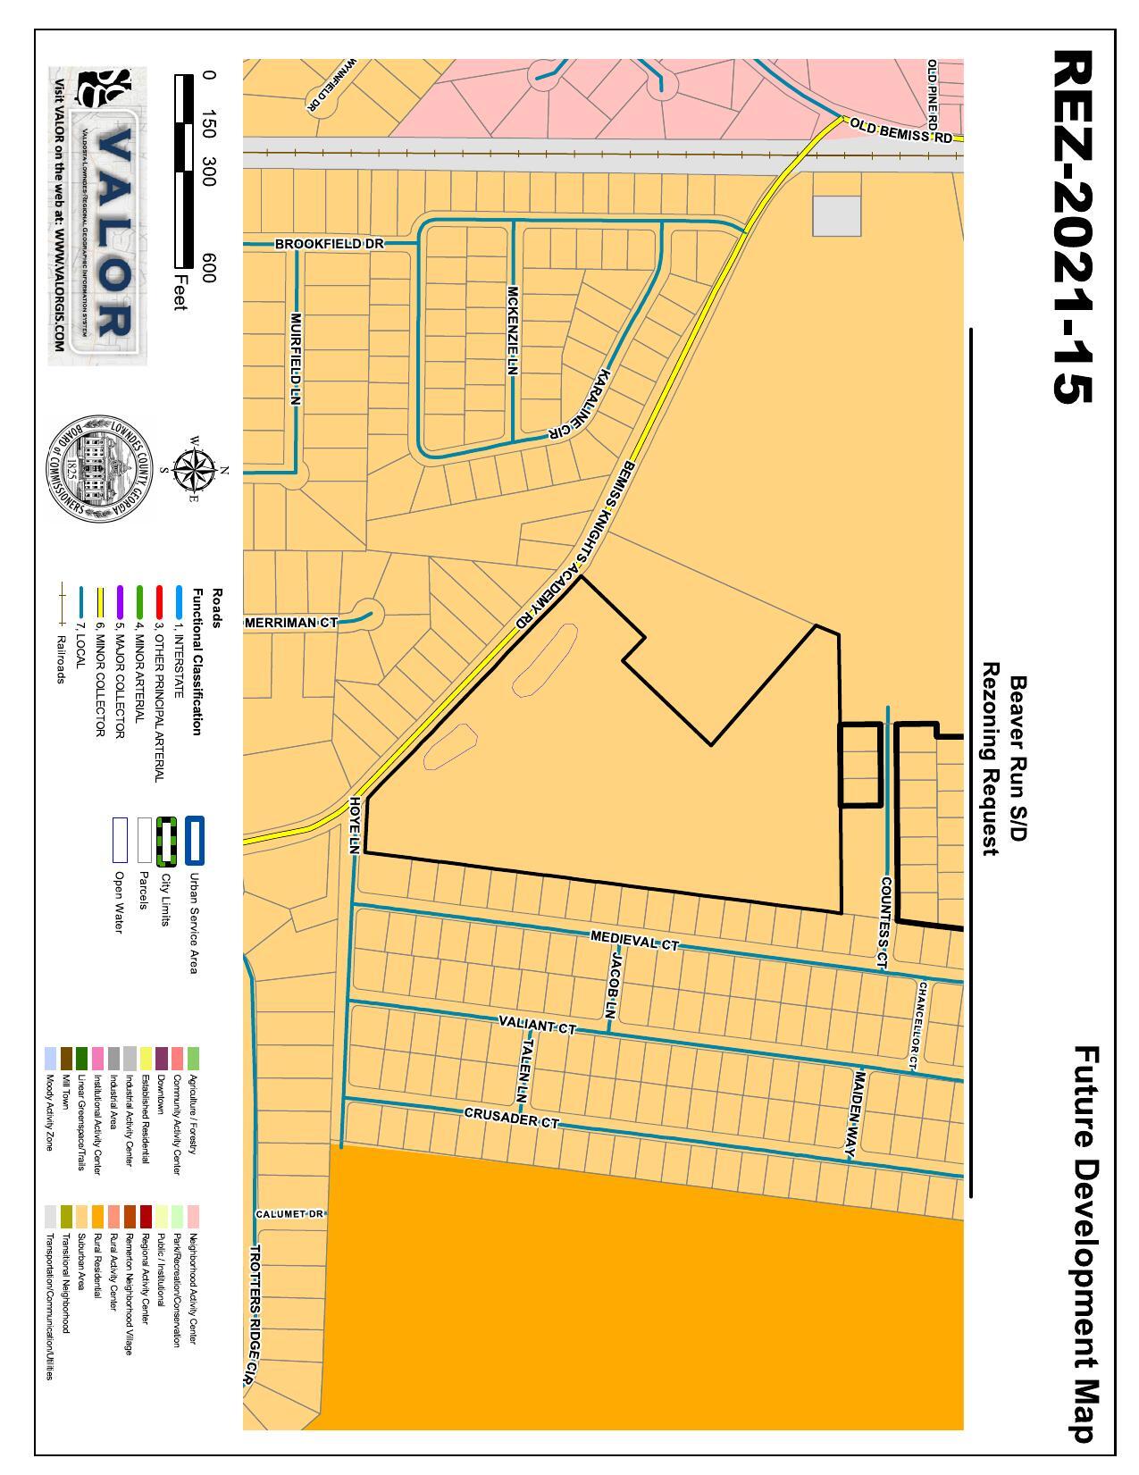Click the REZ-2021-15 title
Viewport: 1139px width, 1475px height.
[1072, 227]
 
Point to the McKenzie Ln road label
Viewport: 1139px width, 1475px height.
[513, 330]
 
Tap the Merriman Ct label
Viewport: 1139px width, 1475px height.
[290, 623]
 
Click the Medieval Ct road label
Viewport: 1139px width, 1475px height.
[635, 940]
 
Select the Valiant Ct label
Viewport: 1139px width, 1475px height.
[537, 1025]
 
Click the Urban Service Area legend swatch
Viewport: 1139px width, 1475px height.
[195, 841]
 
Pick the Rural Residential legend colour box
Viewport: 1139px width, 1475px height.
[98, 1215]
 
